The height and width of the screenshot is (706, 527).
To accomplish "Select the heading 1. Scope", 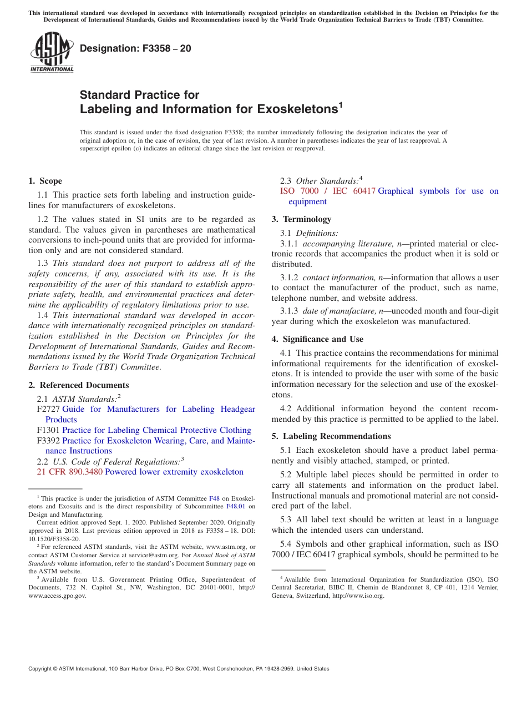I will click(45, 181).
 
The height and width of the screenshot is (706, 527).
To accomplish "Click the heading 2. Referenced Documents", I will click(79, 385).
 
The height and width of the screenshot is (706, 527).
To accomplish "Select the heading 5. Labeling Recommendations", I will click(331, 436).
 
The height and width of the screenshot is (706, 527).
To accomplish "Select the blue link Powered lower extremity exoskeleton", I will click(174, 472).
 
